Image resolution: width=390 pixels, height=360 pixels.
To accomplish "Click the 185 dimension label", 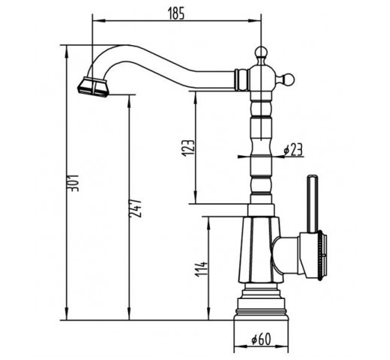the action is pos(176,14).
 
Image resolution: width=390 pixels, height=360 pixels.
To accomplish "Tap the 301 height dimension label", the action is pos(75,183).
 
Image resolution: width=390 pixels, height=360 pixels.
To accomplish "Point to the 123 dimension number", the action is pos(188,148).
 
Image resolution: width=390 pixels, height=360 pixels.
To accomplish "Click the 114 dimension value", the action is pos(202,269).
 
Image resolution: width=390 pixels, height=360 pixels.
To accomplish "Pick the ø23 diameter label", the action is pos(293,150).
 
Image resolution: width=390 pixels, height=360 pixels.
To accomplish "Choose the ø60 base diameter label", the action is pos(261,340).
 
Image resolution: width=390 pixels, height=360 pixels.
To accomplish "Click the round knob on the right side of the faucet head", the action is pos(289,79).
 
